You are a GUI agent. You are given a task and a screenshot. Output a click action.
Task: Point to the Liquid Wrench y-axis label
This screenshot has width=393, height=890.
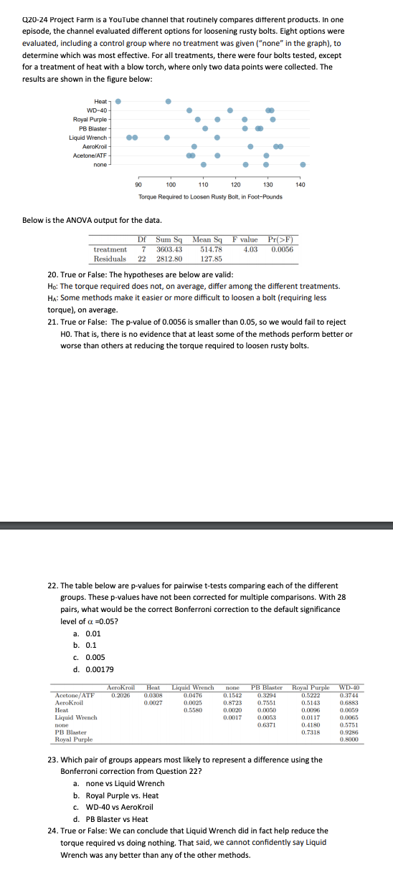[88, 137]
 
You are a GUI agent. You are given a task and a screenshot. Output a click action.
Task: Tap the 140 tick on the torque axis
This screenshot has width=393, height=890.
[300, 185]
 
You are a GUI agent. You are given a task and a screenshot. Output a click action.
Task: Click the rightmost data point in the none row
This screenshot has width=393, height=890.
[302, 164]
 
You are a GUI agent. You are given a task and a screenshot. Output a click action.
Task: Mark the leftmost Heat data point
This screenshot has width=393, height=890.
[118, 101]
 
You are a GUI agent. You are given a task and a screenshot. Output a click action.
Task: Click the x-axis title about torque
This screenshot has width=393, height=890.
[210, 197]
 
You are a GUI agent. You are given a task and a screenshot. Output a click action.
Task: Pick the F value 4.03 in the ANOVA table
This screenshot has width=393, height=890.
[250, 249]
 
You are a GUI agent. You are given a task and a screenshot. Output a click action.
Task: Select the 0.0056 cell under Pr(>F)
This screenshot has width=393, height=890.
[282, 249]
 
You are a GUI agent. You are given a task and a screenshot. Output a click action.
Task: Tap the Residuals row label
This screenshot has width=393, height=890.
[110, 258]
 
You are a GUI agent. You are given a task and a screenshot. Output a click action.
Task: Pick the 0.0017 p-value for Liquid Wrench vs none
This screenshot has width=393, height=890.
[230, 717]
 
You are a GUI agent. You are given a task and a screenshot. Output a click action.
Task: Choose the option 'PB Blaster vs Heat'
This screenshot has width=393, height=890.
[112, 819]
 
